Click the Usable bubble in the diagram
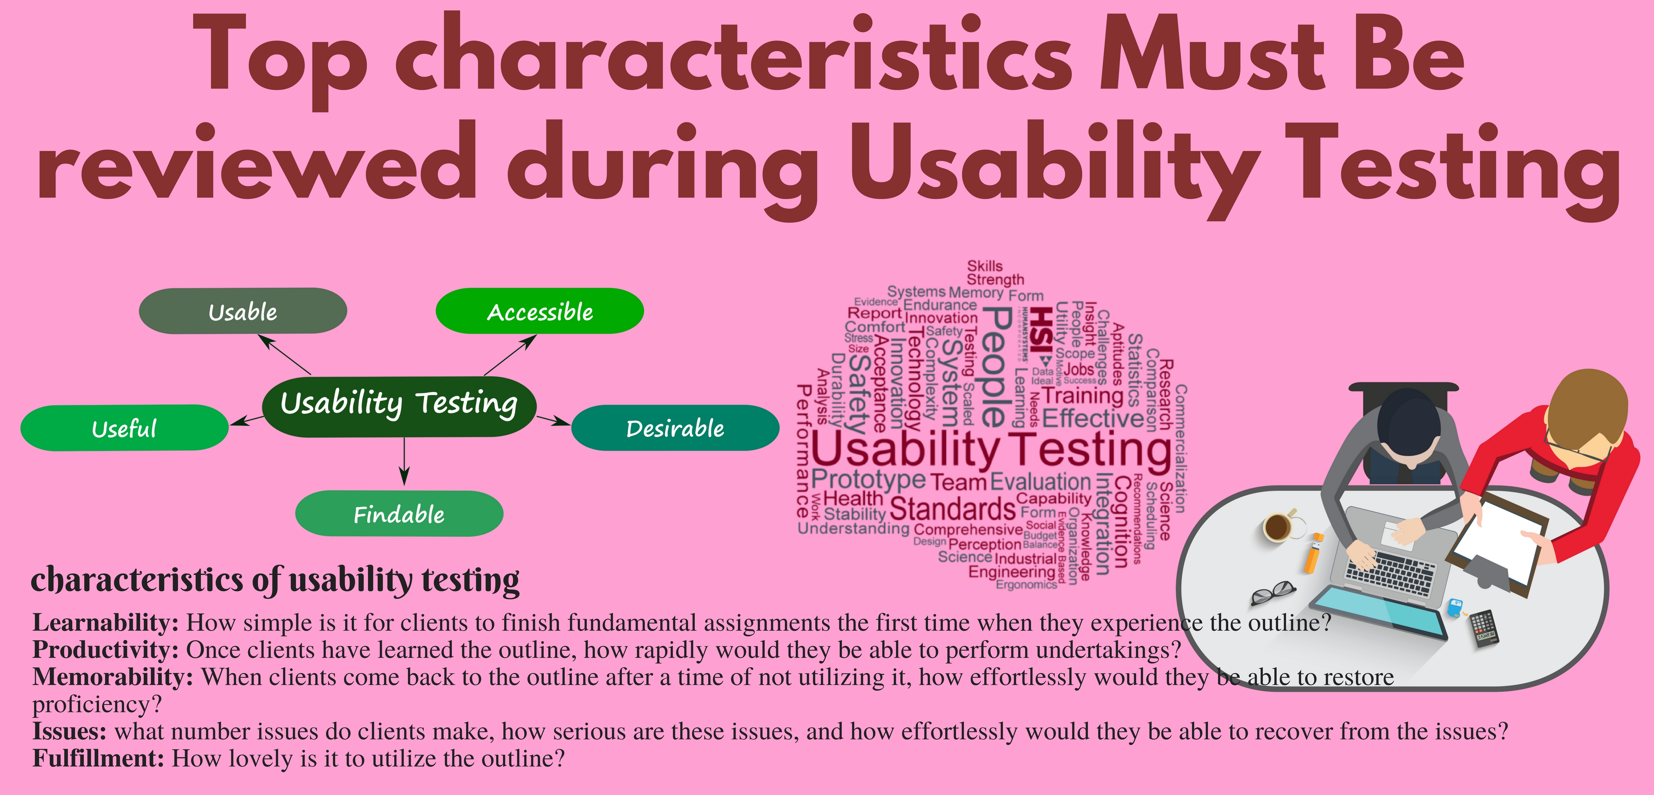(243, 311)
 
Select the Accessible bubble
(539, 311)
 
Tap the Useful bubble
(124, 428)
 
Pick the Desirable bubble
(675, 428)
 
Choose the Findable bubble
(399, 514)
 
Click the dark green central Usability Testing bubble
(399, 406)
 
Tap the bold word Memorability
(112, 677)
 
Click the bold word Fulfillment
(98, 759)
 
